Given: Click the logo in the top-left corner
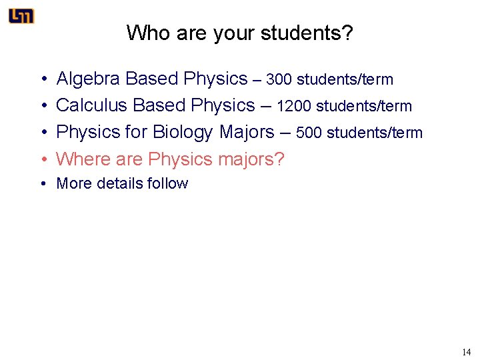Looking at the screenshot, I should [21, 17].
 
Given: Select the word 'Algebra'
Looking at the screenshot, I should [88, 79].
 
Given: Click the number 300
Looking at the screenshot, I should [279, 80].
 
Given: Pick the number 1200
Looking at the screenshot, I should [294, 107].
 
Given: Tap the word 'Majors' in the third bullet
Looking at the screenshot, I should [246, 133].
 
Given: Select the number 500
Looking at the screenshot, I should [309, 133].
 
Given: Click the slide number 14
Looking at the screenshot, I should [465, 351].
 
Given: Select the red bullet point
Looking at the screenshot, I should [43, 160].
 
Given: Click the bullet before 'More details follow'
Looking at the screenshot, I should [43, 184].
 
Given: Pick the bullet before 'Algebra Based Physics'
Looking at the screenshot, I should [43, 80].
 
